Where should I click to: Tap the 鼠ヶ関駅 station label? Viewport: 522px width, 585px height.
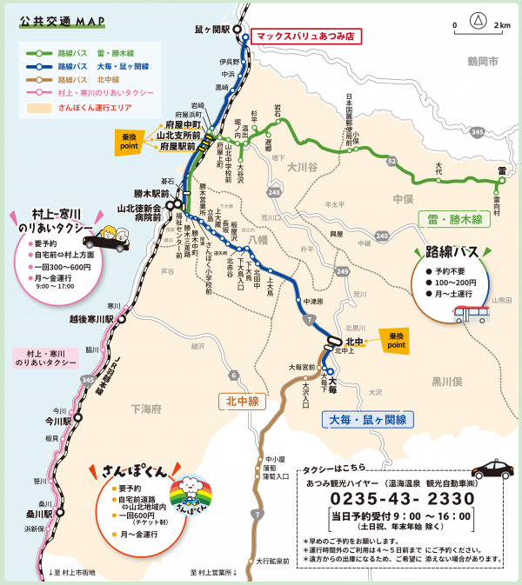point(211,29)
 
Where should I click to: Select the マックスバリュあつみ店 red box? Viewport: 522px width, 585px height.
point(304,37)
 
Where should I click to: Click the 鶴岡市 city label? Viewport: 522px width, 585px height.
point(481,63)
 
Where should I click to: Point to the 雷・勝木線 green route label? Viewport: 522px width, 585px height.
point(455,221)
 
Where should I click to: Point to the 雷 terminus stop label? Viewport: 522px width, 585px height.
point(502,170)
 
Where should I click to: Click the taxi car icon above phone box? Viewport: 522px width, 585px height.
point(493,469)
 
